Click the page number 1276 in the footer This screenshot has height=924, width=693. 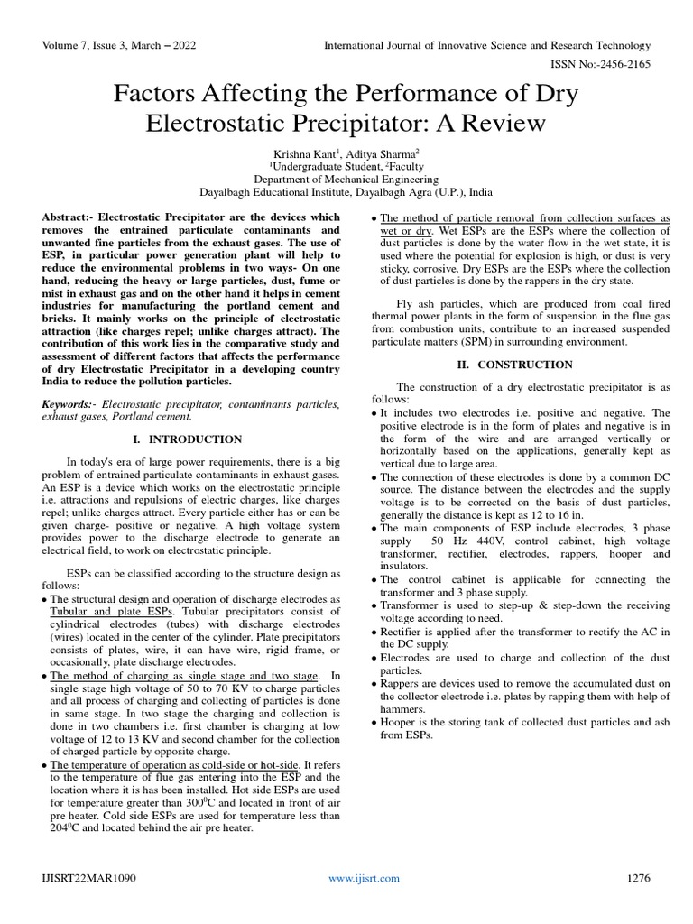(x=638, y=878)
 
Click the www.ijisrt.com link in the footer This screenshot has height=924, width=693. (x=358, y=878)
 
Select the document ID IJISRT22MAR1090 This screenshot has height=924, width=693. (x=89, y=878)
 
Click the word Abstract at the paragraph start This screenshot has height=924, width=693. (x=67, y=217)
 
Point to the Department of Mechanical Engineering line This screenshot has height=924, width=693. (x=346, y=179)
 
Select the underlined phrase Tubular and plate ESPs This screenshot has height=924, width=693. (x=106, y=611)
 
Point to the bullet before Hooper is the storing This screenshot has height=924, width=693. (x=374, y=723)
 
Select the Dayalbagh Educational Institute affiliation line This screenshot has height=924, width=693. (x=346, y=192)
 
